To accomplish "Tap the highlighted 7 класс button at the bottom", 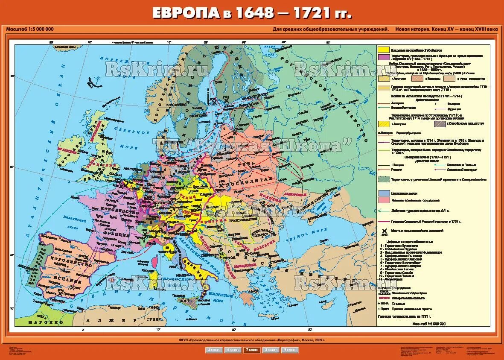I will pyautogui.click(x=250, y=350).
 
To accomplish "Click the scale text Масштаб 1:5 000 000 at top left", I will pyautogui.click(x=30, y=29).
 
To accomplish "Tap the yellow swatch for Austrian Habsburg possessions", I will pyautogui.click(x=383, y=50).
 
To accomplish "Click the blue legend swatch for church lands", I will pyautogui.click(x=383, y=193).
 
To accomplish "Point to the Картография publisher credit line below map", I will pyautogui.click(x=252, y=340).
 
